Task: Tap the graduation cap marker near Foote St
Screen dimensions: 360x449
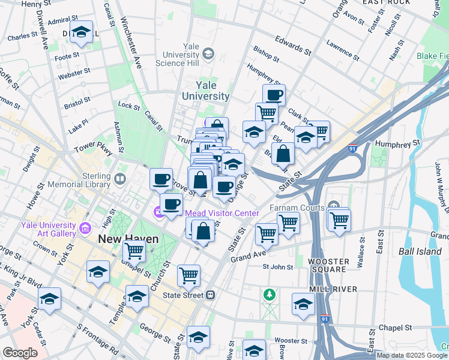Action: [80, 33]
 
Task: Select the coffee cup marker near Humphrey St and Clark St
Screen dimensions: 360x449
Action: [274, 94]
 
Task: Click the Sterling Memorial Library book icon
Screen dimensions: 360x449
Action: [120, 179]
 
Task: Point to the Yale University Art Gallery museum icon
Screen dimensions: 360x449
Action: [85, 229]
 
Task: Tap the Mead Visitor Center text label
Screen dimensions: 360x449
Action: [221, 213]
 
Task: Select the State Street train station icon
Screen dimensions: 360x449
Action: [211, 295]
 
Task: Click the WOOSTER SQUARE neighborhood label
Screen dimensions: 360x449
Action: [327, 266]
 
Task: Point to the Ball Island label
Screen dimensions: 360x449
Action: [420, 251]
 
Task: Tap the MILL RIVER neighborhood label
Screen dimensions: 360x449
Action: [333, 289]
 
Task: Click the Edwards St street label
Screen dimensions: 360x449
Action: [293, 46]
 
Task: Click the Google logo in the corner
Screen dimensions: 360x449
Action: [20, 353]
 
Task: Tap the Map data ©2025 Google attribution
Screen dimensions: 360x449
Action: [412, 355]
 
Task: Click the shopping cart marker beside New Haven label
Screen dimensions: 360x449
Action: [134, 251]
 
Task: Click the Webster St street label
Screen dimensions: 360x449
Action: [74, 76]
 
